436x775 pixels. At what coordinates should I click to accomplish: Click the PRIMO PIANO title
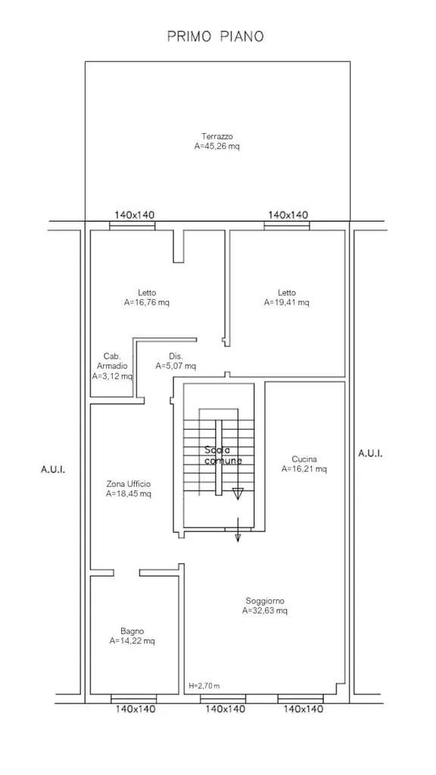pos(216,36)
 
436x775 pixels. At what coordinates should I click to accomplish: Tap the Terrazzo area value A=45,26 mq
pos(217,146)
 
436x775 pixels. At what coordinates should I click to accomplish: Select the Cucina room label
pos(304,459)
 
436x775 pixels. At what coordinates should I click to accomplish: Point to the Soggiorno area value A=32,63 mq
pos(265,611)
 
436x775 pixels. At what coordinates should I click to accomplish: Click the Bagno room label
pos(132,631)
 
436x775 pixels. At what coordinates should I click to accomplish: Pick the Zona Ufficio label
pos(129,484)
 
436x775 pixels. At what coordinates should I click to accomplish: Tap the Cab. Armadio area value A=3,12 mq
pos(112,377)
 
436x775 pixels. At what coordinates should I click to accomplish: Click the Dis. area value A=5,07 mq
pos(176,366)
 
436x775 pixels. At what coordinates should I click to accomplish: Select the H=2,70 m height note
pos(204,686)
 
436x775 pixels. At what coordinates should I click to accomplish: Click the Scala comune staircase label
pos(223,455)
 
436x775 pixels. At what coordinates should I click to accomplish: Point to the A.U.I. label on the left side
pos(53,469)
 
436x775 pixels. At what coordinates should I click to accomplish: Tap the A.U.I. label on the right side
pos(369,453)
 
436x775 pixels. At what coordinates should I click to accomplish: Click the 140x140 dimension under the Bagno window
pos(135,709)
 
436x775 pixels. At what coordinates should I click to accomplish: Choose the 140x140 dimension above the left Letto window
pos(135,215)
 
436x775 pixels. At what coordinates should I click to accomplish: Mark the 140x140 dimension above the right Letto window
pos(288,215)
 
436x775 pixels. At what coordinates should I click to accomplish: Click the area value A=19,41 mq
pos(287,303)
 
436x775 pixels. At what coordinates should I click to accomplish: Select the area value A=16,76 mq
pos(147,303)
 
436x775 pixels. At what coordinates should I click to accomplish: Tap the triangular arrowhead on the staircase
pos(238,493)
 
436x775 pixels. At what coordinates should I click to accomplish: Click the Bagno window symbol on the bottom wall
pos(133,699)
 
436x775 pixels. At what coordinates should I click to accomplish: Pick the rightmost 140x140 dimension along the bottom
pos(304,709)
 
